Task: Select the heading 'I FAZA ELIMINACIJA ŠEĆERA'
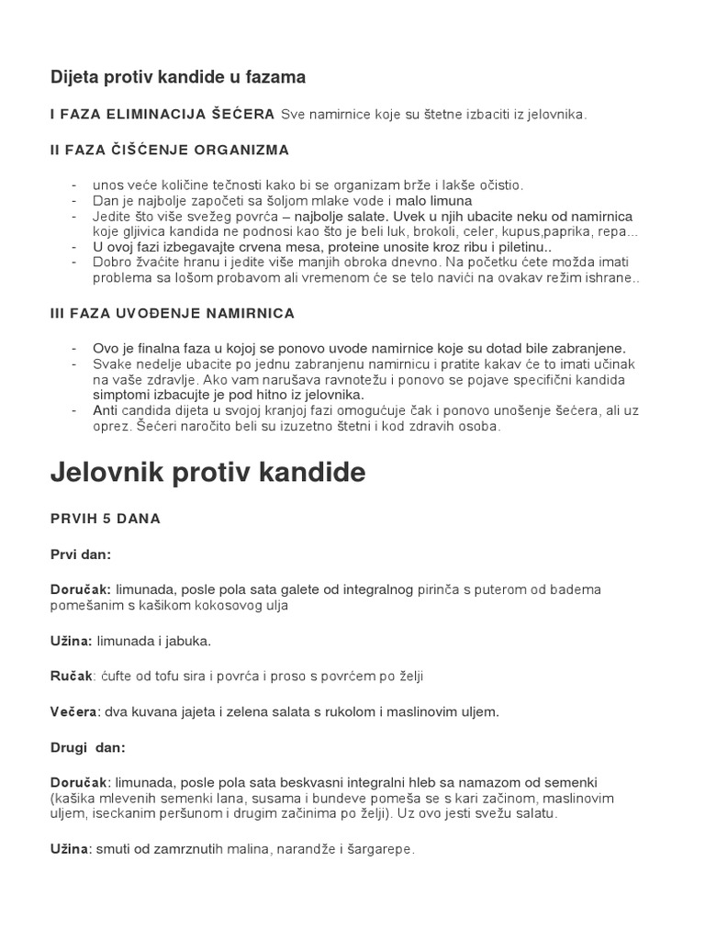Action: tap(162, 114)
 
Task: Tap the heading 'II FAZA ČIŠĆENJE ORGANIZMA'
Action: tap(169, 149)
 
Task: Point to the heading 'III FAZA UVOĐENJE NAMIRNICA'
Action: tap(172, 313)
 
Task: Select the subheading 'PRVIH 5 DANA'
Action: tap(105, 519)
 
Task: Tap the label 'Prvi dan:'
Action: tap(80, 554)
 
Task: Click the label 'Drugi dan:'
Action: tap(87, 747)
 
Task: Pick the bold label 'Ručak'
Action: tap(72, 676)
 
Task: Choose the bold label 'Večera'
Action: tap(74, 711)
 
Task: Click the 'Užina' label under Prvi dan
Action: tap(70, 640)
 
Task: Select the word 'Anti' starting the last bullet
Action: tap(106, 411)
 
